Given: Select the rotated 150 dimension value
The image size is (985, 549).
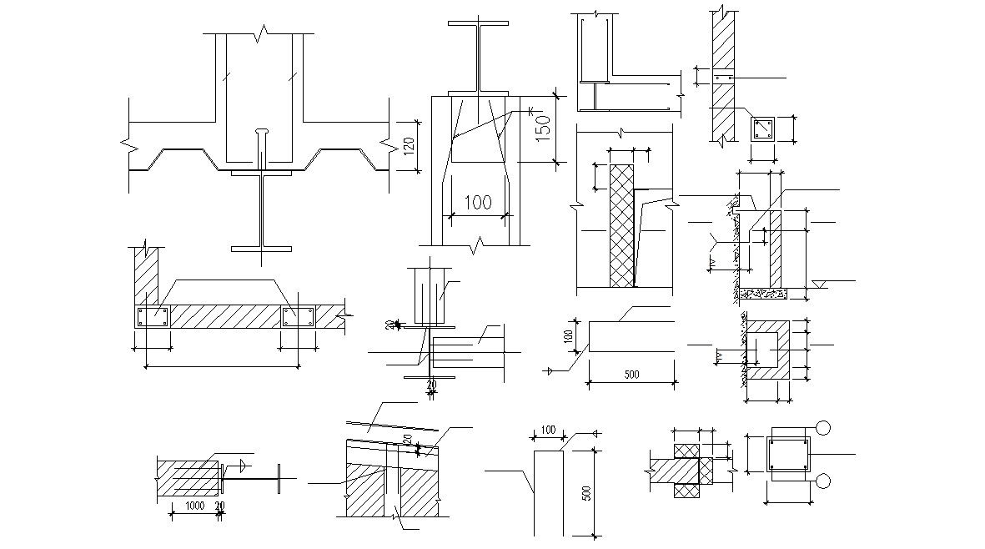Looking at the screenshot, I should coord(543,128).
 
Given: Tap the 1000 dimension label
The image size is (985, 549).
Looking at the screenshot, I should coord(195,506).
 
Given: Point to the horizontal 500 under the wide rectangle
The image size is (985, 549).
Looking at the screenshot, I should coord(631,375).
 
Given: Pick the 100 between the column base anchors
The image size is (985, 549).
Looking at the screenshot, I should coord(478,202).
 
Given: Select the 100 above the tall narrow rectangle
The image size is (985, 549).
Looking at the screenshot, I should coord(548,430).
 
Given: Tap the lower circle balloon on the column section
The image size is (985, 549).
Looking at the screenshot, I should coord(825,481).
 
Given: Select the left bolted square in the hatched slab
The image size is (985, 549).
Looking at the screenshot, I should coord(153,316).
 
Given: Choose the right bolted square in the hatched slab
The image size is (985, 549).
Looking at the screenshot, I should coord(298,316).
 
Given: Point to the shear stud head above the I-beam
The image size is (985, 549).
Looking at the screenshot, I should coord(262,132).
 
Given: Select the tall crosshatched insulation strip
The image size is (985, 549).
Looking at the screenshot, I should coord(622,225).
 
